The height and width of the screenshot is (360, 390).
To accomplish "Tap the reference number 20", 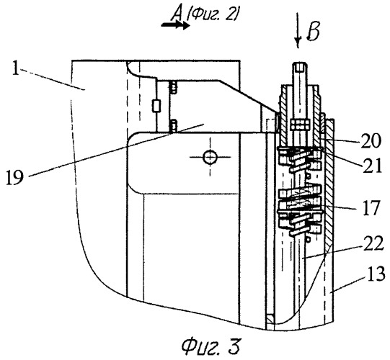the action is click(x=371, y=141).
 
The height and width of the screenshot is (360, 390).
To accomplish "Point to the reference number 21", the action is click(x=372, y=166).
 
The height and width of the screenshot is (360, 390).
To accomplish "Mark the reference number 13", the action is click(x=374, y=274).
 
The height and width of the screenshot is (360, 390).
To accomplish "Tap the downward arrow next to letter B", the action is click(x=297, y=30).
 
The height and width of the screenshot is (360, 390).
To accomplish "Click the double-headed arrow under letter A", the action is click(x=175, y=25).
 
